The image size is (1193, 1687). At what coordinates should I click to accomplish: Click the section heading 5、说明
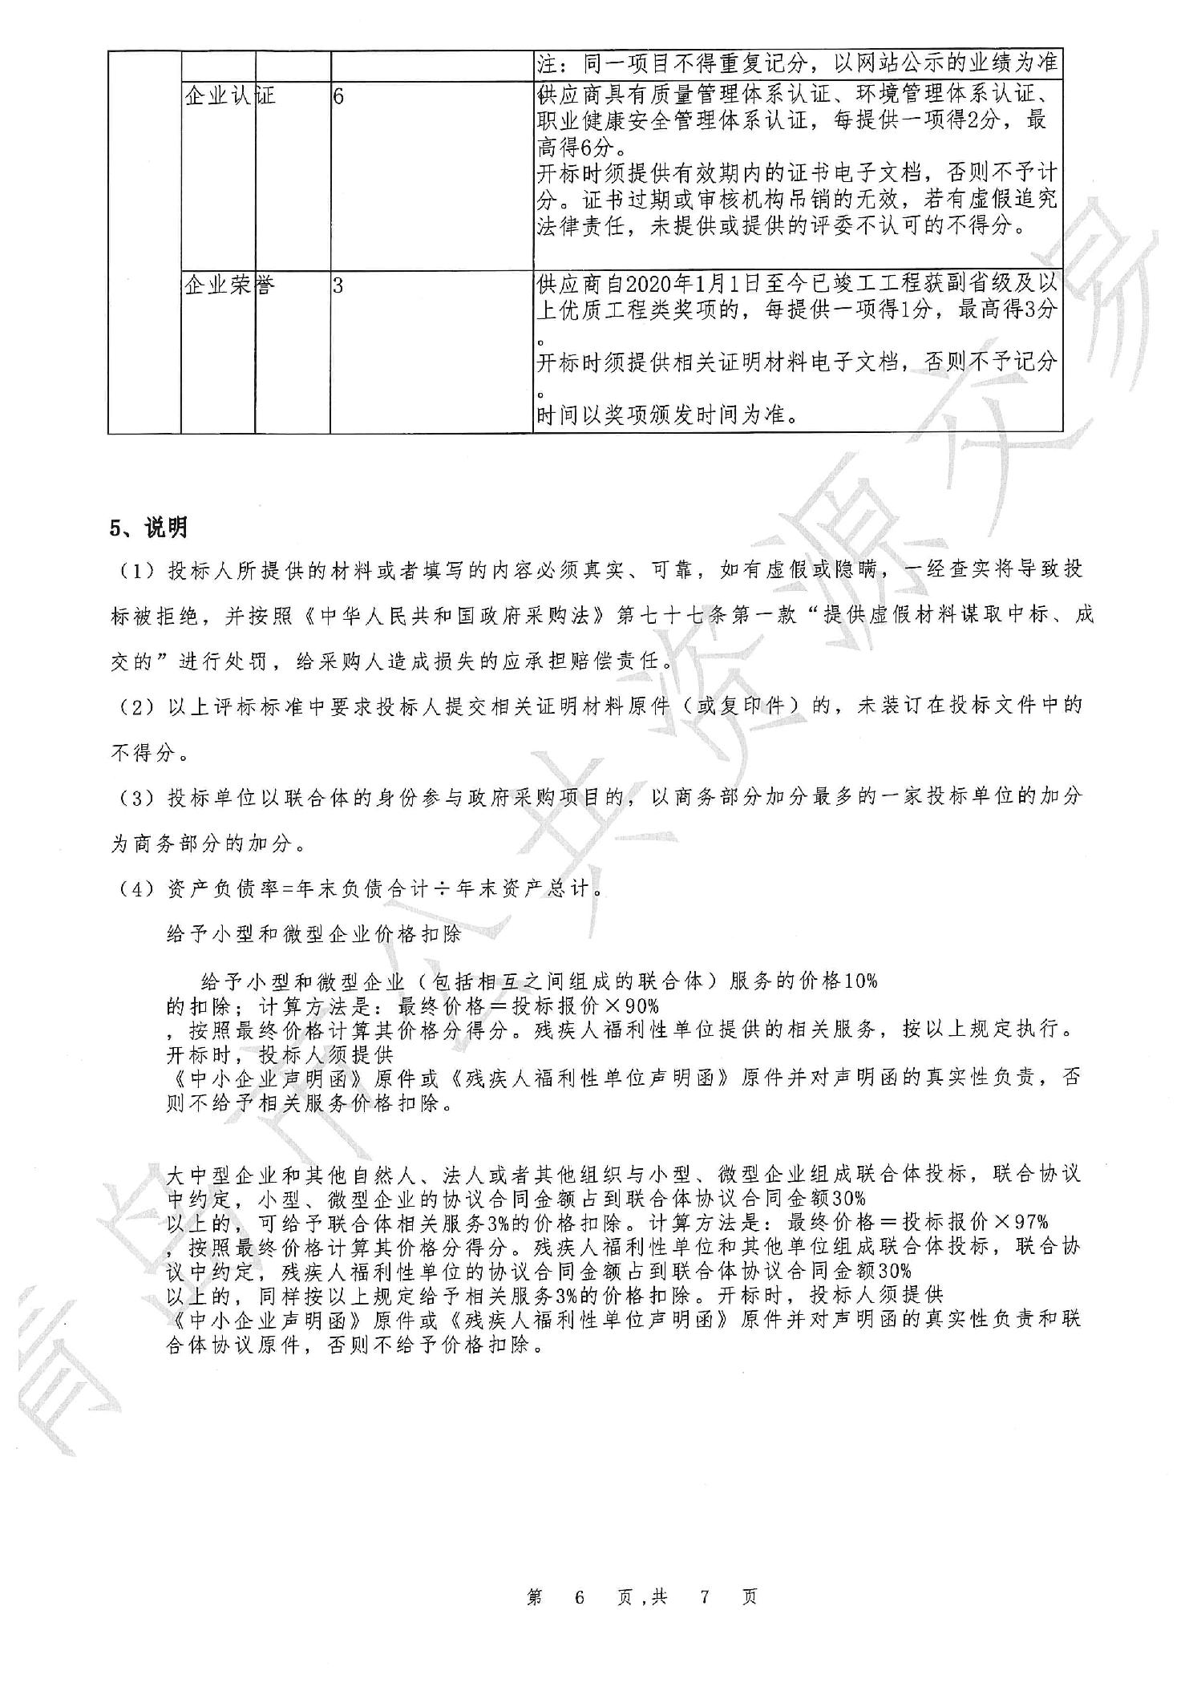tap(148, 528)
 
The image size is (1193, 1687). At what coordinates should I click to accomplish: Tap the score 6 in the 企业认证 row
tap(338, 97)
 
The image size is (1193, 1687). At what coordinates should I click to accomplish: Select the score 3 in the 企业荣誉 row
tap(338, 285)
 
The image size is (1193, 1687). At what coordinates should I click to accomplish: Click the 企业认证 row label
tap(230, 97)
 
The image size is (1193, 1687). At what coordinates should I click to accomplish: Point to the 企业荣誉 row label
tap(230, 285)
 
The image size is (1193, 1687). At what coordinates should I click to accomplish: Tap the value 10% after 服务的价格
tap(859, 981)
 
